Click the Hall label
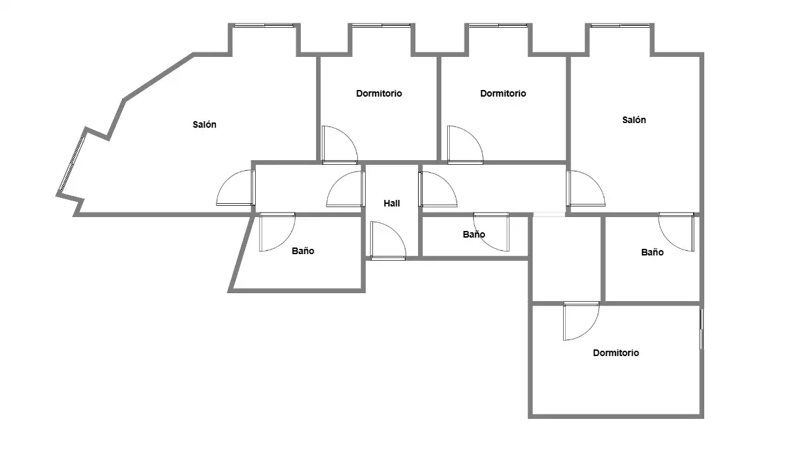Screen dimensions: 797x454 (392, 203)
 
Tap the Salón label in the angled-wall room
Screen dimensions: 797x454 (204, 124)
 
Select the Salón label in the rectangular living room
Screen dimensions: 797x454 (633, 120)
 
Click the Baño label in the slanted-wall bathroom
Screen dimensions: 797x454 (303, 251)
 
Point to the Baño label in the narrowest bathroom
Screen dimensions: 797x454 (474, 234)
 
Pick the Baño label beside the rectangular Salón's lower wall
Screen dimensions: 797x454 (652, 252)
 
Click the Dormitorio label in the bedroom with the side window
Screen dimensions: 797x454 (615, 353)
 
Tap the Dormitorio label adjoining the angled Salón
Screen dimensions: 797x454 (379, 93)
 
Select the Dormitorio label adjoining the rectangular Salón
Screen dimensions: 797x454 (503, 93)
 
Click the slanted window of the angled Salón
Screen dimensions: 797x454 (72, 163)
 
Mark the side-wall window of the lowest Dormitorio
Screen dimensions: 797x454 (702, 329)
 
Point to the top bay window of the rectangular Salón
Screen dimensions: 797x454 (620, 26)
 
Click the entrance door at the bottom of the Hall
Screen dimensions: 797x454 (388, 240)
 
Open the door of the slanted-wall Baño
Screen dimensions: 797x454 (277, 232)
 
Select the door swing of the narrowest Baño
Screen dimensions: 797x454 (492, 232)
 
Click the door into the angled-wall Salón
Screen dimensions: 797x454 (236, 188)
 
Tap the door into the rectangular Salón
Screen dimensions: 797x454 (586, 189)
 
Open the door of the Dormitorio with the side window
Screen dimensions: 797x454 (581, 321)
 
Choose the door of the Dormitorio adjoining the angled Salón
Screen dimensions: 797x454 (340, 145)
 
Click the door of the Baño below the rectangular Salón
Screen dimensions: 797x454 (676, 232)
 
